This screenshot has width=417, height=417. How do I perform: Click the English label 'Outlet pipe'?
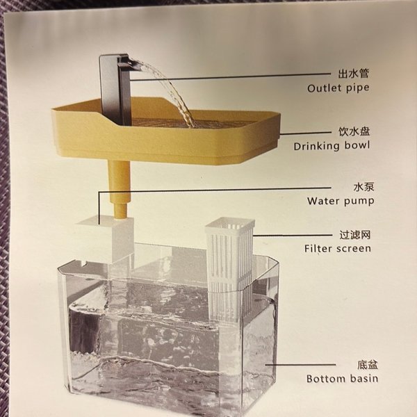pos(338,88)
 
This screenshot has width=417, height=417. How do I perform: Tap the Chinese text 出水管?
pos(354,74)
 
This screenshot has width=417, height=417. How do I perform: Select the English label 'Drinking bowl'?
pos(332,146)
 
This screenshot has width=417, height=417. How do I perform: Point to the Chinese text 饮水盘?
pos(354,131)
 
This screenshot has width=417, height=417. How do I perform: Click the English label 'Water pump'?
pos(341,201)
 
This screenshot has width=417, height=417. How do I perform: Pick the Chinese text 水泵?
pos(363,187)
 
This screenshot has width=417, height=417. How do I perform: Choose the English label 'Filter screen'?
pos(338,249)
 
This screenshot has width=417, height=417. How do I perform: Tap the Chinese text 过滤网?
pos(354,235)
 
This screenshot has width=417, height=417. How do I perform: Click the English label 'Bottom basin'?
pos(342,379)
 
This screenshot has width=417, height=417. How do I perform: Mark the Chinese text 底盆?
pos(367,365)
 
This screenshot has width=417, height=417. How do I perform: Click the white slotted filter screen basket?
pos(229,268)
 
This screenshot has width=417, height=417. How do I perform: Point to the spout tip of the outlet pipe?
pos(140,63)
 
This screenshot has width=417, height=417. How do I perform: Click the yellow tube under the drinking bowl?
pos(120,189)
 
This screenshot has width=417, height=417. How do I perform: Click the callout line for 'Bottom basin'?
pos(300,365)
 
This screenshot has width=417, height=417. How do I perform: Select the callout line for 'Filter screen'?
pos(293,235)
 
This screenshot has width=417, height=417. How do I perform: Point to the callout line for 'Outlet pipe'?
pos(231,77)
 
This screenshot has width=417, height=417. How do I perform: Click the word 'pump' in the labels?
pos(359,202)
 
